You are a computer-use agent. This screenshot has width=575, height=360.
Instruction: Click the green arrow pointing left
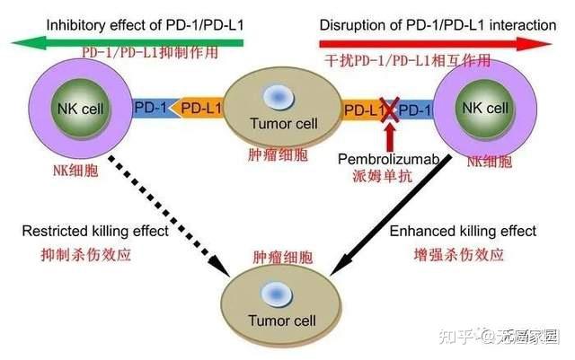coord(126,41)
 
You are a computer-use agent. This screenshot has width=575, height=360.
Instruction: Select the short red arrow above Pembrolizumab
coord(388,137)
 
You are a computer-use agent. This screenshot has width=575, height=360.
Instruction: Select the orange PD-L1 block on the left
coord(199,109)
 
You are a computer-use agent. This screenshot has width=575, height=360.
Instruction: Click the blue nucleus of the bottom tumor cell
coord(281,294)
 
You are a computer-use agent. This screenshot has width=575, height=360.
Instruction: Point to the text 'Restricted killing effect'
coord(95,232)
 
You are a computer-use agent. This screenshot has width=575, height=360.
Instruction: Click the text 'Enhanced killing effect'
coord(463,232)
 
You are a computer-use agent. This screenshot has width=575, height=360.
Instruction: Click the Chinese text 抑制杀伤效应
coord(87,254)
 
